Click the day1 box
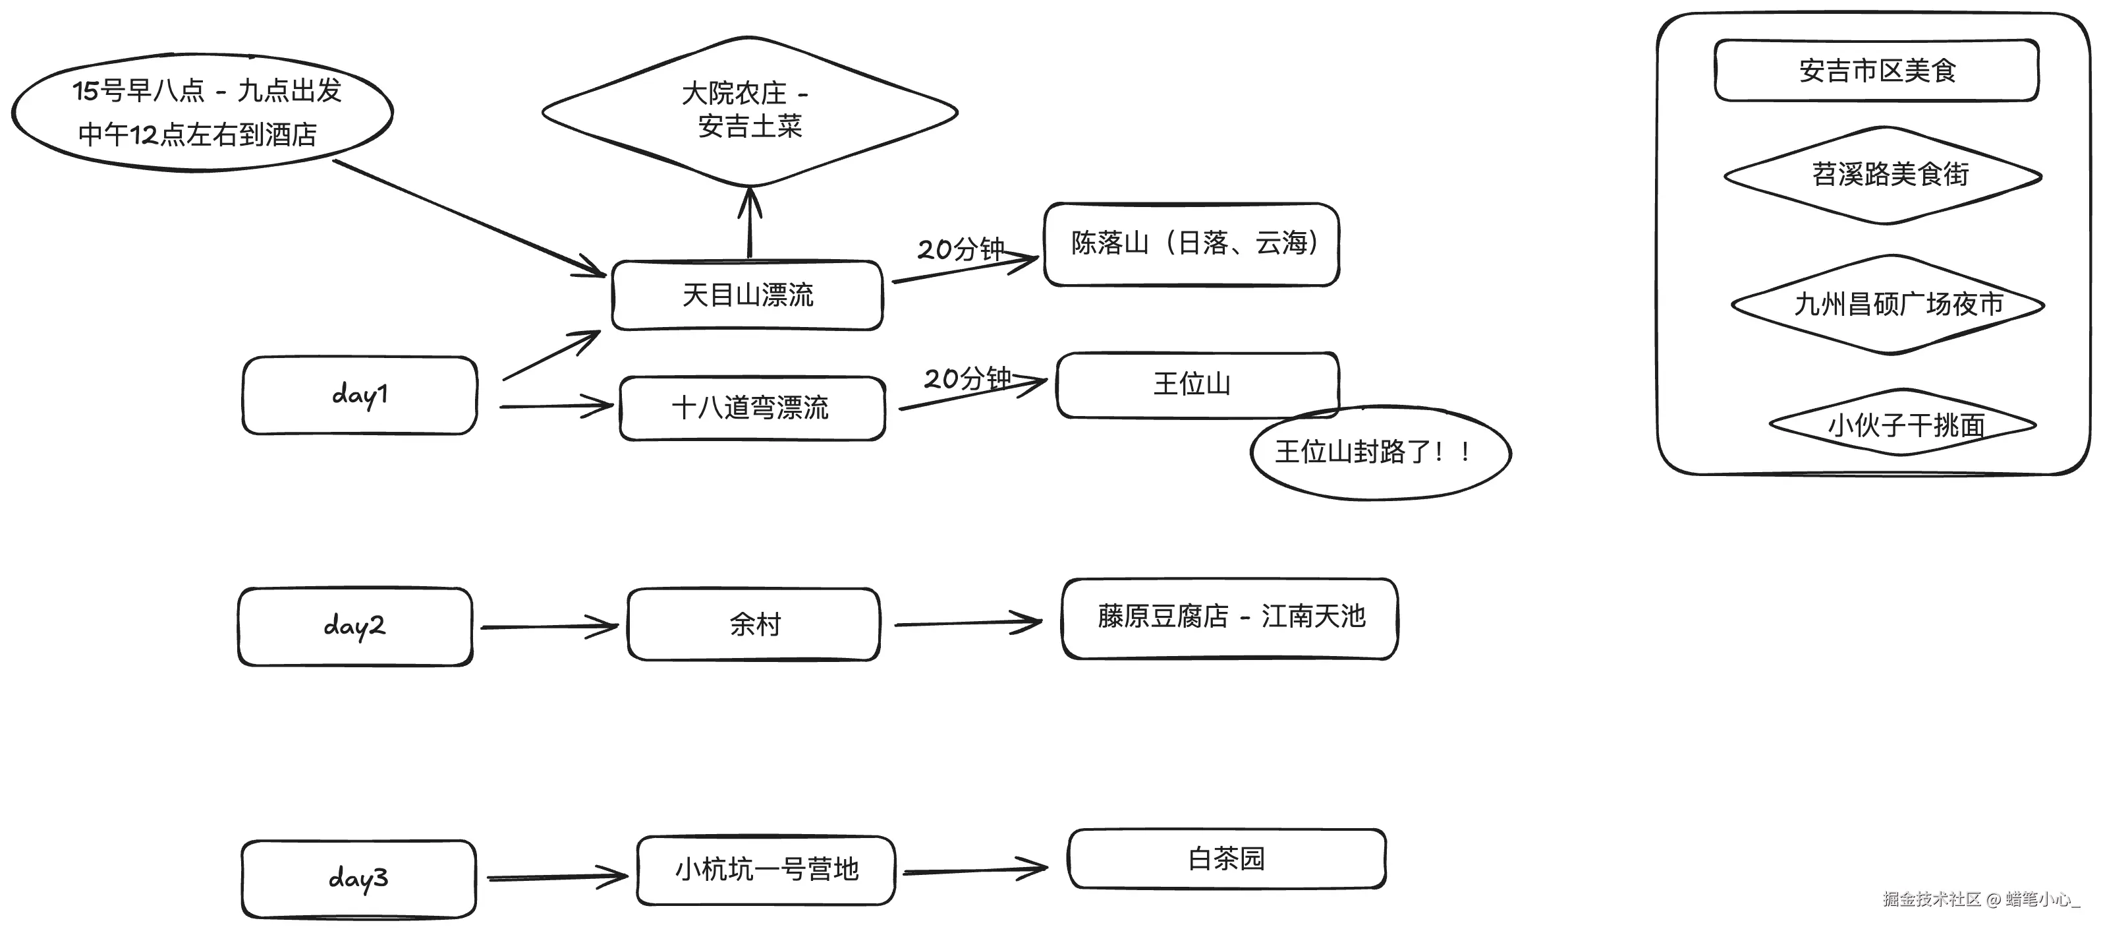point(359,395)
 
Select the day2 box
point(354,626)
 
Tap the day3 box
point(358,879)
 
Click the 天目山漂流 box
point(747,295)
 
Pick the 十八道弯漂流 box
point(751,407)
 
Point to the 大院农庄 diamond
point(750,110)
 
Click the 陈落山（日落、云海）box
point(1191,244)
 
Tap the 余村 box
point(754,624)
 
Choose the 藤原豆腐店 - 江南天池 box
point(1229,617)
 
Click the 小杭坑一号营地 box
point(766,870)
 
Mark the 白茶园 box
point(1226,858)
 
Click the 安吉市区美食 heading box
point(1876,71)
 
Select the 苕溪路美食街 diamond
point(1882,175)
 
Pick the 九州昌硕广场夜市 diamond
point(1889,305)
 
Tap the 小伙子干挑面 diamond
point(1902,424)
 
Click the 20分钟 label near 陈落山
point(960,249)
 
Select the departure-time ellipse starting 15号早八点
point(202,113)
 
